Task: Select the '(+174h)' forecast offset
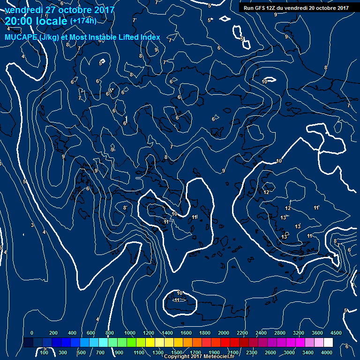(83, 21)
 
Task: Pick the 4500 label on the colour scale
(336, 332)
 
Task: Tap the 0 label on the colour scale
(32, 332)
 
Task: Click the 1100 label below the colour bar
(139, 352)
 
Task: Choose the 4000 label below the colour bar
(327, 352)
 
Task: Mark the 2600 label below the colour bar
(270, 352)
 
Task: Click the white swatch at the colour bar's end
(337, 343)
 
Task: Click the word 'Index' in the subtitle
(150, 37)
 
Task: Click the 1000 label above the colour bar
(129, 332)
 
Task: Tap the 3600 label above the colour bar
(317, 332)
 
